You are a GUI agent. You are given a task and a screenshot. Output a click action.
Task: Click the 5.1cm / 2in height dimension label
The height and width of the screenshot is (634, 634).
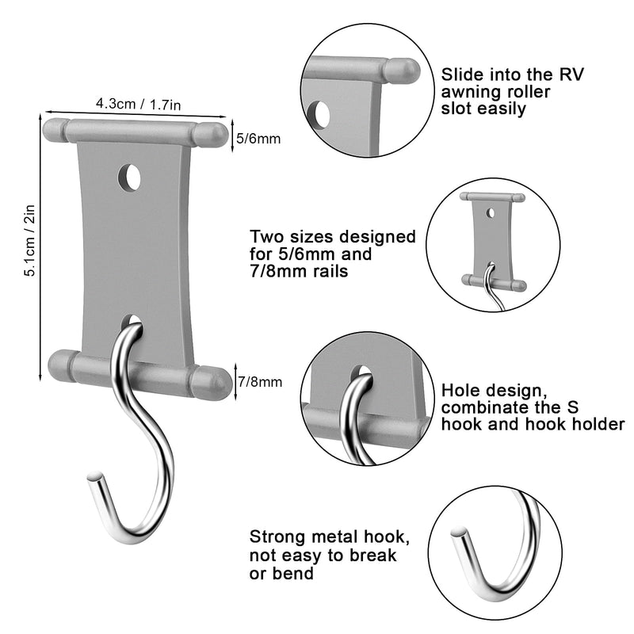(30, 247)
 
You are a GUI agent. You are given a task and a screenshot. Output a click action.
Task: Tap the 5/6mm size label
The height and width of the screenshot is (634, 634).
(259, 139)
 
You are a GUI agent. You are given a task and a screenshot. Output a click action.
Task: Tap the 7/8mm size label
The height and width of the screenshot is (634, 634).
(259, 383)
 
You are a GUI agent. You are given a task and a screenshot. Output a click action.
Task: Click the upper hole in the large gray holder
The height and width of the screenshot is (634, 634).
(129, 178)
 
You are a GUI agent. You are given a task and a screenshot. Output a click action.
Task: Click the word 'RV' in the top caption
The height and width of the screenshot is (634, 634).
(567, 74)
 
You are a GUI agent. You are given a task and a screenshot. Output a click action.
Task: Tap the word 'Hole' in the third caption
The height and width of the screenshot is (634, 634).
(461, 390)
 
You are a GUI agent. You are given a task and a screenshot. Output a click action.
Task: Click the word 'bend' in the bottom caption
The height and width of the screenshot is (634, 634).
(294, 572)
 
